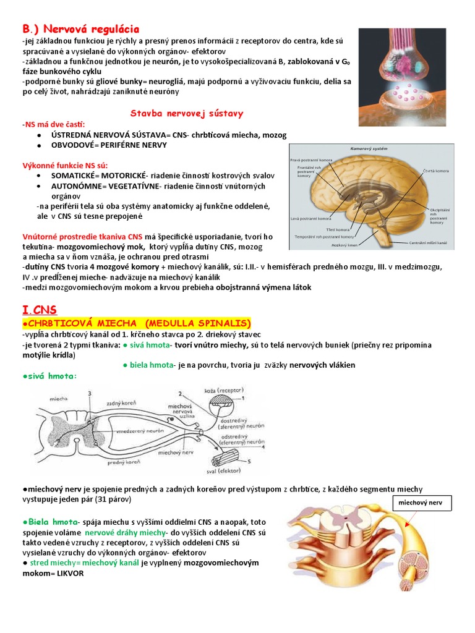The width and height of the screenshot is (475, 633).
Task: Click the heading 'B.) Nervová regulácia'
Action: click(81, 29)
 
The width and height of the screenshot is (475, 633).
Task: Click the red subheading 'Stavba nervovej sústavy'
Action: click(186, 113)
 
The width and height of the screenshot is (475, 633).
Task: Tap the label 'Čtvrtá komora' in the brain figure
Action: click(437, 170)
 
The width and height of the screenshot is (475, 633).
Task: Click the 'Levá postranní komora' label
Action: click(310, 218)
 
